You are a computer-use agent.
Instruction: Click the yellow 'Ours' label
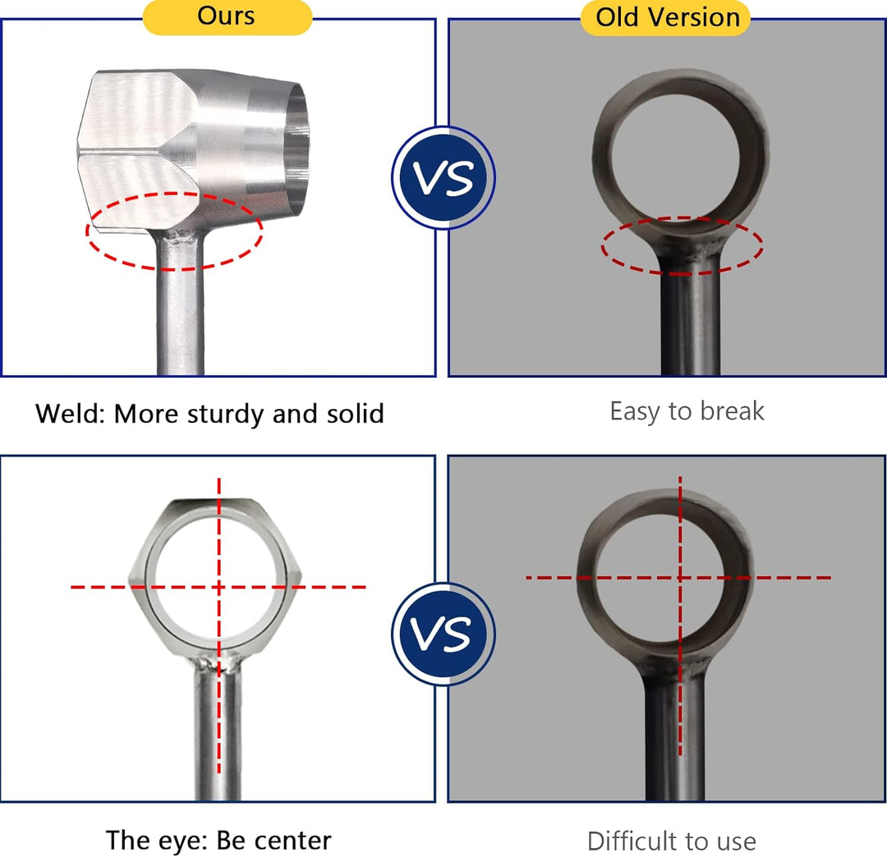(x=227, y=17)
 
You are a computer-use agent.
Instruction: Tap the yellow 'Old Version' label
(x=666, y=18)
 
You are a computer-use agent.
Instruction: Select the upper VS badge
(x=443, y=177)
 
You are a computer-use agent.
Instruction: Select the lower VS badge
(x=443, y=634)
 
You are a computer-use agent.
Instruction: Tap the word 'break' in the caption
(x=732, y=411)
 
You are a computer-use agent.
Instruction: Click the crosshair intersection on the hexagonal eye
(x=219, y=588)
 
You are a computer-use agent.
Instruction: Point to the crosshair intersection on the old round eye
(x=680, y=578)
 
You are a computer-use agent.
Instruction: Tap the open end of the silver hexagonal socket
(x=296, y=149)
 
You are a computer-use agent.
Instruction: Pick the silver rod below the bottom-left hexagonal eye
(x=218, y=735)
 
